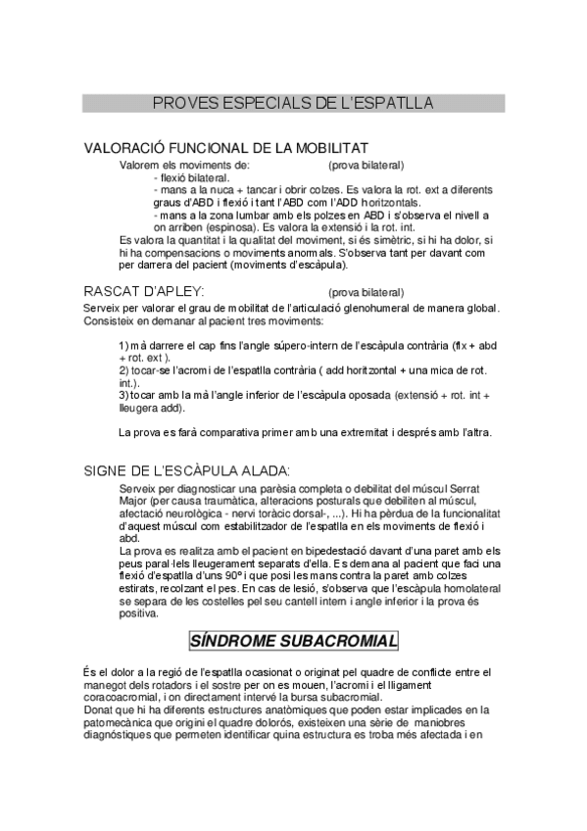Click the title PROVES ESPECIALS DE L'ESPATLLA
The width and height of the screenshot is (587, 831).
tap(293, 103)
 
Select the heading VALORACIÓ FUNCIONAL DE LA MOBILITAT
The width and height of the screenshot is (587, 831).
tap(226, 148)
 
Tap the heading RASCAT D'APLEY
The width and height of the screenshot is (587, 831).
tap(144, 291)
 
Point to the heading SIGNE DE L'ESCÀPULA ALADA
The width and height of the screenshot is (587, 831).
tap(186, 470)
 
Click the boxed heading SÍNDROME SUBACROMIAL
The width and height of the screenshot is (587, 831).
tap(293, 641)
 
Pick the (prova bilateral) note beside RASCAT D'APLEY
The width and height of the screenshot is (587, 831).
tap(366, 292)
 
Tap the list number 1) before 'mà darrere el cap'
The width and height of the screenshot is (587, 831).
tap(123, 346)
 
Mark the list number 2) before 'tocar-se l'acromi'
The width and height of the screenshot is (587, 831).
tap(123, 370)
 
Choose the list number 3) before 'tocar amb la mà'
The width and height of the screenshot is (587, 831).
tap(123, 395)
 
